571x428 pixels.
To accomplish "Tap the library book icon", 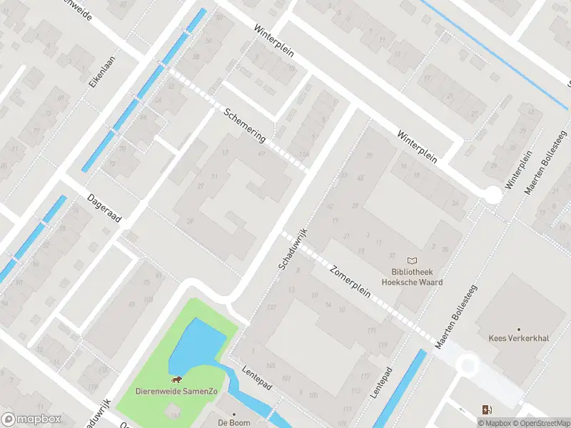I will [412, 261].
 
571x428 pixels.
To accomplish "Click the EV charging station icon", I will [487, 409].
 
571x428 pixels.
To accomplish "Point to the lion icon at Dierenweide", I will [176, 379].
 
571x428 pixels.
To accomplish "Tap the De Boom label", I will [233, 423].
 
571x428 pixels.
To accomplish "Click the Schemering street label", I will [245, 125].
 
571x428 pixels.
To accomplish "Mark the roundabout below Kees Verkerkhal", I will [468, 366].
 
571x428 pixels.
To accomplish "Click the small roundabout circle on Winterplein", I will [492, 194].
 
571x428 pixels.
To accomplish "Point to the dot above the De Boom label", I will [233, 414].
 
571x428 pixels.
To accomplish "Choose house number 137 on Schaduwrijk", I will [271, 307].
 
